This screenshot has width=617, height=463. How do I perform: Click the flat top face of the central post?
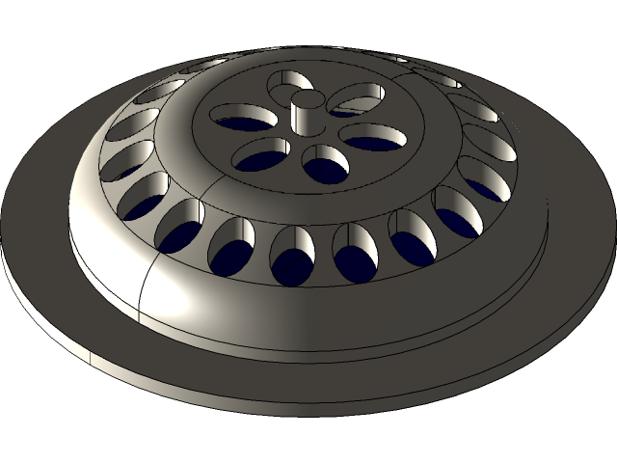(x=308, y=97)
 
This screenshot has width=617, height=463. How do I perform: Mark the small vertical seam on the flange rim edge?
(x=90, y=359)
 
